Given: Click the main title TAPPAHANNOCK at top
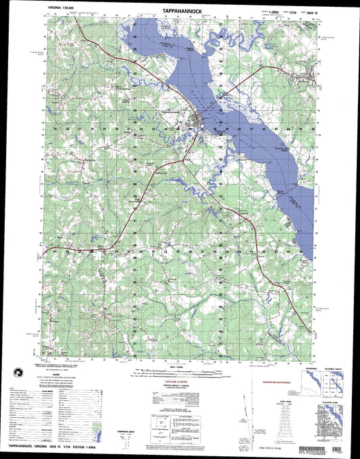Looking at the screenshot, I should point(180,11).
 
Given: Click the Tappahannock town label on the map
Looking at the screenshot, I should point(173,111).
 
